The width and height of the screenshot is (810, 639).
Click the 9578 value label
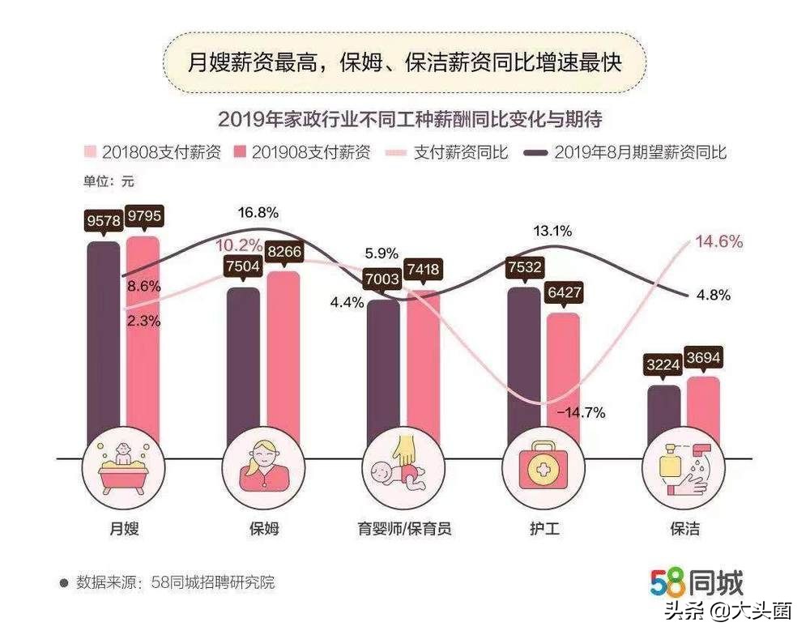(x=104, y=220)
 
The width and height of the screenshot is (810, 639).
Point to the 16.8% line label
(x=258, y=213)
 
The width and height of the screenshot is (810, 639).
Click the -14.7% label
(x=581, y=412)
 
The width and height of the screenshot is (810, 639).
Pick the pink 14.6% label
(x=718, y=242)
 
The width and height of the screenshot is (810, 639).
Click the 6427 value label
(x=563, y=292)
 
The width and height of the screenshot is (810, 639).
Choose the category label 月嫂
(x=124, y=529)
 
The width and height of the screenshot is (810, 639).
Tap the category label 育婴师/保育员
(x=404, y=529)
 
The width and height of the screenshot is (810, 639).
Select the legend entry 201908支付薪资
(x=301, y=152)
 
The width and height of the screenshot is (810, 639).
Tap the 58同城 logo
(x=696, y=582)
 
